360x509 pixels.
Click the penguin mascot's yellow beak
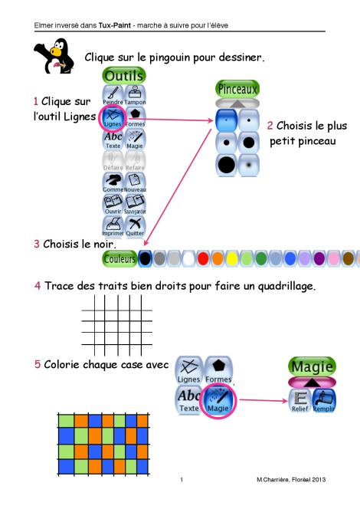coord(55,51)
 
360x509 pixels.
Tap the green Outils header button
coord(124,76)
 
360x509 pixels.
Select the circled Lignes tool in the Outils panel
coord(113,117)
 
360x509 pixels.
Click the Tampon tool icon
coord(135,95)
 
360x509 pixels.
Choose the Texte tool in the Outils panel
coord(113,140)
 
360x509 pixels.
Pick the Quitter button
coord(135,227)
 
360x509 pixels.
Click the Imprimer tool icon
coord(113,227)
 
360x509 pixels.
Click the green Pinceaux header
coord(237,89)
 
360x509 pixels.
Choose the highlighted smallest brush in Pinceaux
coord(227,120)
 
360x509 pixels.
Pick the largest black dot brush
coord(227,165)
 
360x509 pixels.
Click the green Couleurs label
coord(119,259)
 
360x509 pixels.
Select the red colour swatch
coord(203,259)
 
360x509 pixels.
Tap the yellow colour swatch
coord(232,259)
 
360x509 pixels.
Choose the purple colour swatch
coord(319,259)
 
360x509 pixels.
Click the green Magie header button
coord(312,366)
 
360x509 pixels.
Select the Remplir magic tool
coord(324,401)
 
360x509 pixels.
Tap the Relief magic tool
coord(300,401)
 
